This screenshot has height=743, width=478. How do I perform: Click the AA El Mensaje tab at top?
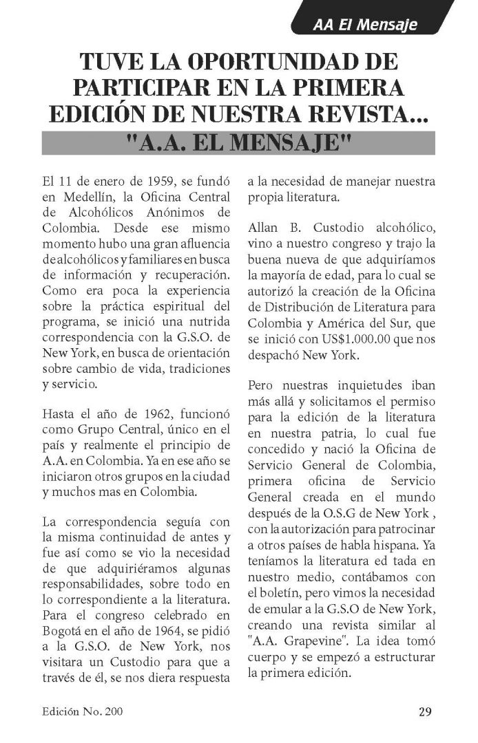click(x=364, y=25)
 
